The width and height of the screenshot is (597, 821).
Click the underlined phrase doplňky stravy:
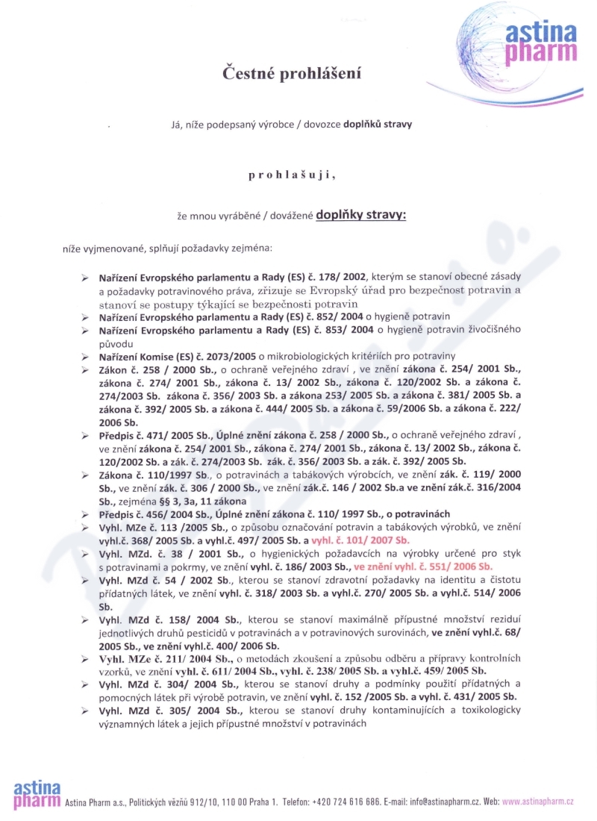click(x=361, y=214)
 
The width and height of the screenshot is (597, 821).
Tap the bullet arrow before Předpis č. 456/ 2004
click(x=86, y=515)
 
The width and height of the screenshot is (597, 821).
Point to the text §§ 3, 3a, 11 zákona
click(x=196, y=502)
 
